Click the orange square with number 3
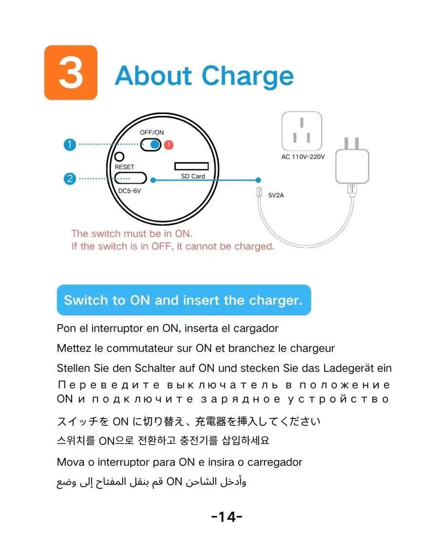pos(71,73)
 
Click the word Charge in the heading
pos(248,77)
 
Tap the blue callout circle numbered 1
pos(70,144)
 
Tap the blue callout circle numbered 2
pos(70,178)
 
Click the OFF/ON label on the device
pos(152,133)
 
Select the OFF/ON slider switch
pos(151,144)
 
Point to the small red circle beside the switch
pos(169,144)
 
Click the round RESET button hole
pos(119,156)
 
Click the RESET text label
pos(124,167)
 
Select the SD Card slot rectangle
pos(192,166)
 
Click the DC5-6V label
pos(130,191)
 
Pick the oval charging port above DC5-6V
pos(130,178)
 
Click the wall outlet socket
pos(302,131)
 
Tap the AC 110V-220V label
pos(303,157)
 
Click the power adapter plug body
pos(352,166)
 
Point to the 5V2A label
pos(276,195)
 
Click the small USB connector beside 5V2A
pos(259,192)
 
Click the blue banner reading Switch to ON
pos(184,300)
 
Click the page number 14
pos(227,517)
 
